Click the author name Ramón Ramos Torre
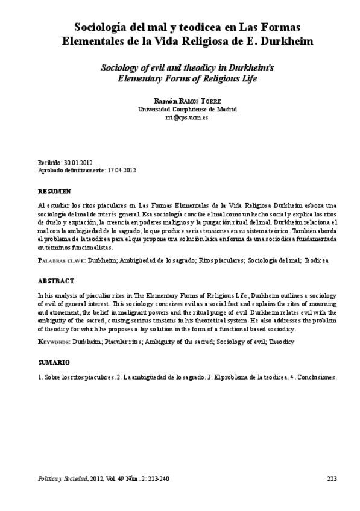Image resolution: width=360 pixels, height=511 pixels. point(179,100)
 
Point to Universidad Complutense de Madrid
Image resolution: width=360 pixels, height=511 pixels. point(179,109)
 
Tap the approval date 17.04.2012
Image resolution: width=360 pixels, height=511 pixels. point(121,171)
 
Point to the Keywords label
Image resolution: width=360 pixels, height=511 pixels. point(54,342)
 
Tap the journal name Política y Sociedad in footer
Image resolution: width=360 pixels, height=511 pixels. point(62,479)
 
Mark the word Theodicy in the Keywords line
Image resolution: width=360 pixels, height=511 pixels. point(280,342)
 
